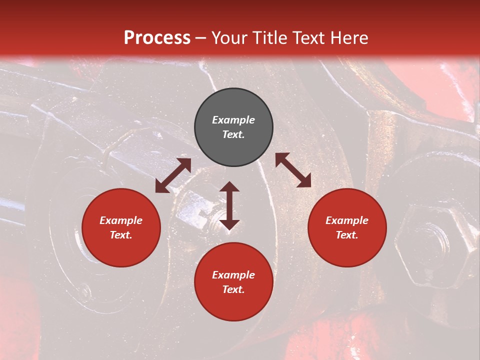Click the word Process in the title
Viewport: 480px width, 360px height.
tap(157, 38)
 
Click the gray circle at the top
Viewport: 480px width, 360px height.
tap(233, 127)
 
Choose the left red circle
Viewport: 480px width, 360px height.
tap(121, 228)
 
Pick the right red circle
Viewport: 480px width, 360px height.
tap(347, 228)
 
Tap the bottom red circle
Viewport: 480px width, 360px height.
tap(233, 282)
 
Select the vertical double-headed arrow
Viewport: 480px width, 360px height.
tap(229, 205)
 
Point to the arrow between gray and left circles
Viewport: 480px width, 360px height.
tap(173, 175)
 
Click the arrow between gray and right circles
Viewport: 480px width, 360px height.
tap(293, 170)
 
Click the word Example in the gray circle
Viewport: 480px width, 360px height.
tap(233, 120)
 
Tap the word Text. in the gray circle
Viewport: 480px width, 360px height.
tap(233, 134)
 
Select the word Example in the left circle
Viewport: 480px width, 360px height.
tap(121, 220)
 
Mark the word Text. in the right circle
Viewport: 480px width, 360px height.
tap(347, 235)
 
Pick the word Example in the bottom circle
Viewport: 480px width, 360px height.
tap(233, 275)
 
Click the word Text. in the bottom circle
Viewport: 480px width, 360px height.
tap(233, 289)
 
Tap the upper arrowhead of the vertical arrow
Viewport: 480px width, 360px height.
tap(229, 187)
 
